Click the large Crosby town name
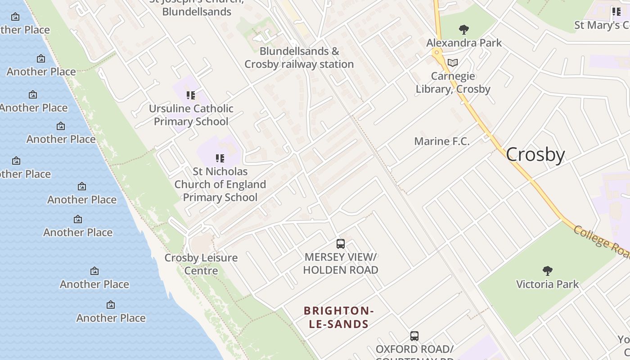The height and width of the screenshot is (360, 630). point(535,154)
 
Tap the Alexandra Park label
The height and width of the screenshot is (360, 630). point(464,43)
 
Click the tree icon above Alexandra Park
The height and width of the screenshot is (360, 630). point(464,30)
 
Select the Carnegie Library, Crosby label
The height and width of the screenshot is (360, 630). point(453,82)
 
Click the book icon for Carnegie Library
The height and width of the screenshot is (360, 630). point(453,63)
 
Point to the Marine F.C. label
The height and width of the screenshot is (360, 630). point(441,141)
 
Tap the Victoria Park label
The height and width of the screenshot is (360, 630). point(547,284)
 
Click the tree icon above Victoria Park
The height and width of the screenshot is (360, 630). point(547,271)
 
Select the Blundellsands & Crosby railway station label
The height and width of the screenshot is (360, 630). point(299,58)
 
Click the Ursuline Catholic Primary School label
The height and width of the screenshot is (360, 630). point(191,115)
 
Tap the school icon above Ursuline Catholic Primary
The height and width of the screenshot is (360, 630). point(191,95)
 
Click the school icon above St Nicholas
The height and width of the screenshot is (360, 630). point(220,158)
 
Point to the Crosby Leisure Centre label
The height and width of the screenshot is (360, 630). point(201,264)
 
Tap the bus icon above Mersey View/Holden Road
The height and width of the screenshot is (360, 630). point(341,244)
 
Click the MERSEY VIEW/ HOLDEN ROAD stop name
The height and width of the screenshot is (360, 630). point(340,263)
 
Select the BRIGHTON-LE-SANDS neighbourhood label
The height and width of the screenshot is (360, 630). point(339,317)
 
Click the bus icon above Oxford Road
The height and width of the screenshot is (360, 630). point(414,336)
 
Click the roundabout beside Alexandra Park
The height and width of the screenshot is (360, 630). point(436,52)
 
